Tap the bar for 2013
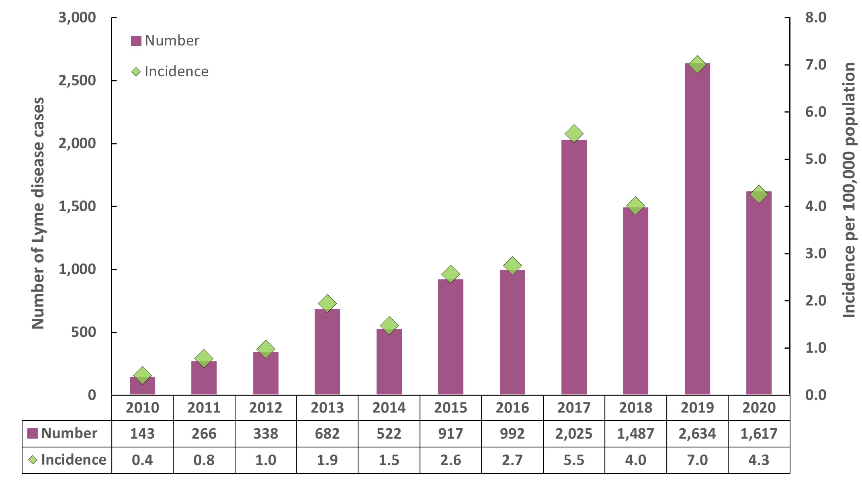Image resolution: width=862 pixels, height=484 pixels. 327,353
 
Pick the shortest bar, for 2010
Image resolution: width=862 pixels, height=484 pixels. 142,386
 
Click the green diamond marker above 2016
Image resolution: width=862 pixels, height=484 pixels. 512,265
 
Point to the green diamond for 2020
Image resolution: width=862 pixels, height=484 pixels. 759,194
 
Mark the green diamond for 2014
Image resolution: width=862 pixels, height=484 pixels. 389,325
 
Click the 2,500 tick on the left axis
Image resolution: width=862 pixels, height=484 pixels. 78,81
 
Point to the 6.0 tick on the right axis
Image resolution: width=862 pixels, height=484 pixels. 815,112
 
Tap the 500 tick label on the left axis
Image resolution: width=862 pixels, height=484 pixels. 84,333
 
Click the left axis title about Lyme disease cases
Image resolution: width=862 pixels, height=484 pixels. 38,213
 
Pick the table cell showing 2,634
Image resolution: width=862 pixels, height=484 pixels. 697,434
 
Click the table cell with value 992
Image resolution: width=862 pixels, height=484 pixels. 512,434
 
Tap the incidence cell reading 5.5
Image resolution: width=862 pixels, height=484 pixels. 574,460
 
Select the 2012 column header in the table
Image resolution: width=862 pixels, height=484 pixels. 266,408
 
